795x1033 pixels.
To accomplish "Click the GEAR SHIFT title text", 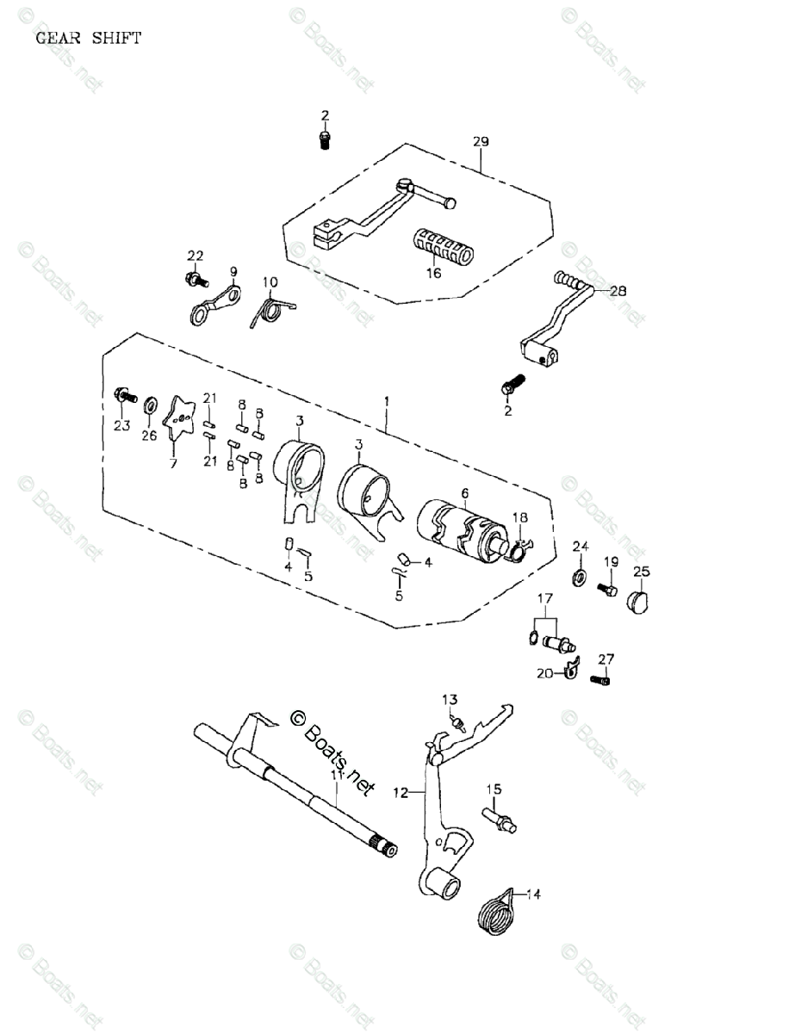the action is (88, 38).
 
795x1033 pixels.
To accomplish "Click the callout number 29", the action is (481, 141).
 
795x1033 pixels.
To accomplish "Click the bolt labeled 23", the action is (124, 398).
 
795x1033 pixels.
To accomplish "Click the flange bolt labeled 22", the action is (195, 279).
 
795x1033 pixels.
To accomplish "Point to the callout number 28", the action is (618, 291).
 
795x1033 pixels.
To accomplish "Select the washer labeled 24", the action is (579, 574).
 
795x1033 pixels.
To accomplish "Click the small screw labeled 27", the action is (601, 680).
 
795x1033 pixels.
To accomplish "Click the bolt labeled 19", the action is (606, 589).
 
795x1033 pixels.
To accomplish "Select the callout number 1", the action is (387, 401).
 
